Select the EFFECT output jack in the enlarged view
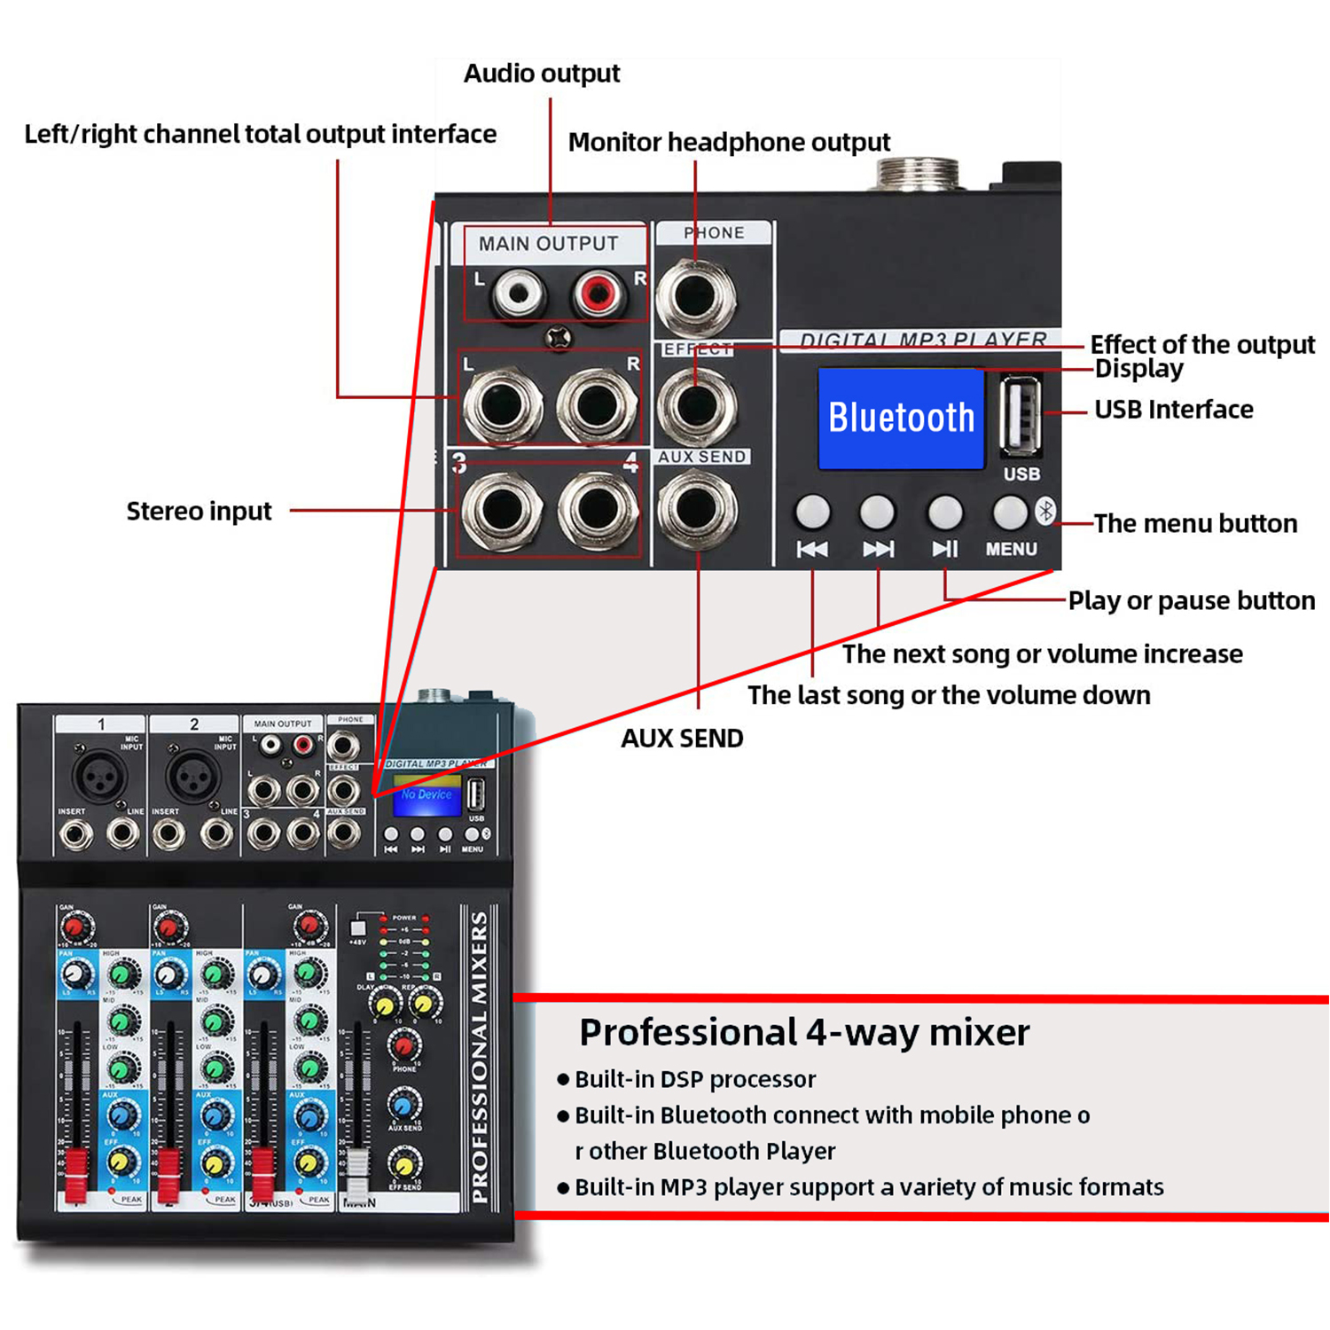696,405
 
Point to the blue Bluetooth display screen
901,419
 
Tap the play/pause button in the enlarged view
944,512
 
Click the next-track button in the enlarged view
877,512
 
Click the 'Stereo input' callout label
199,512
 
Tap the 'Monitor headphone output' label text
728,143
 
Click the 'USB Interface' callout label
1173,410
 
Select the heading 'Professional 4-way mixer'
803,1033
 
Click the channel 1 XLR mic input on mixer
99,776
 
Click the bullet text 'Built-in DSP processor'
694,1080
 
